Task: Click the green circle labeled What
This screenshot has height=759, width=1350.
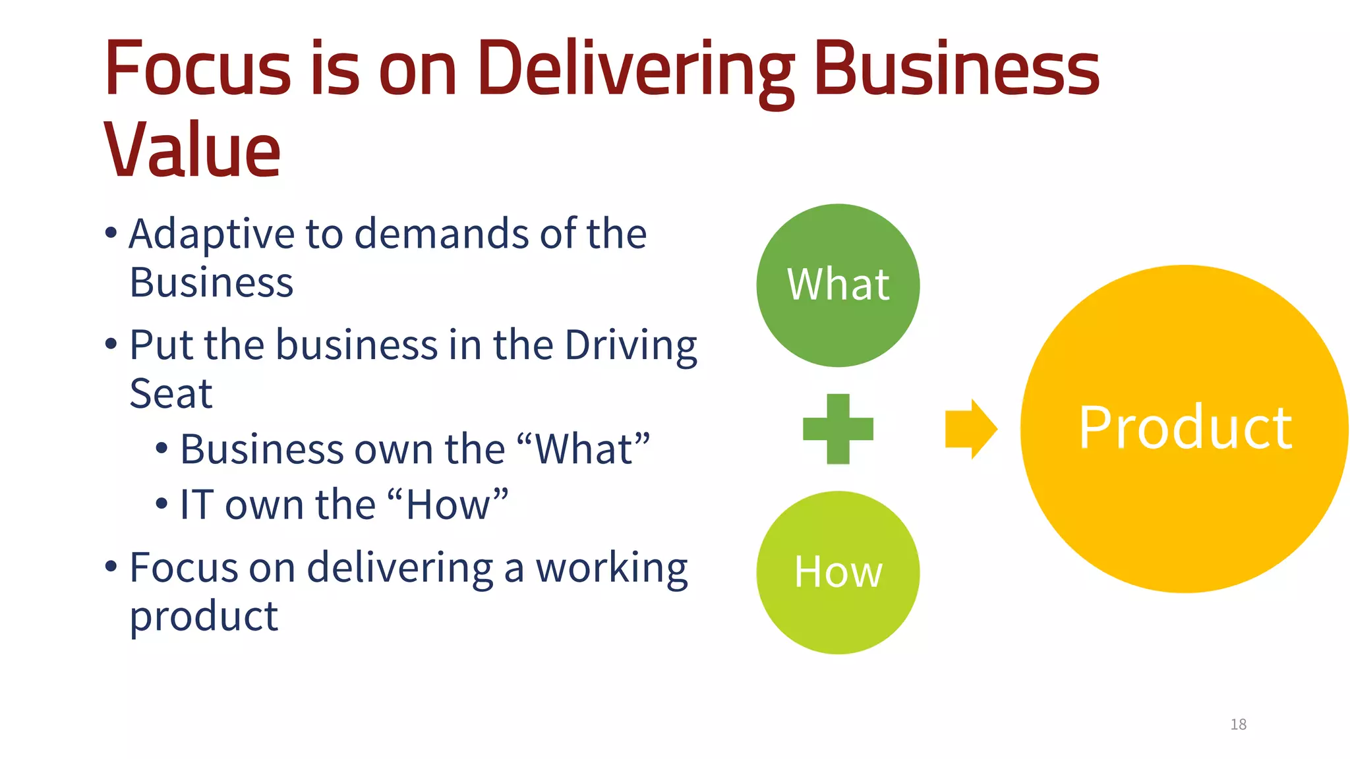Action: click(838, 285)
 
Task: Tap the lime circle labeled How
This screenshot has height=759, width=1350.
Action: click(838, 572)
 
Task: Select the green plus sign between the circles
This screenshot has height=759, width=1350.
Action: click(838, 429)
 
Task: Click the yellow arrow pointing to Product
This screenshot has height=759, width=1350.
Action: click(971, 429)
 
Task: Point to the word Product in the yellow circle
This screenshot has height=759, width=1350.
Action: click(1185, 428)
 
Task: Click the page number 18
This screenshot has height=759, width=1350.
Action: click(1238, 725)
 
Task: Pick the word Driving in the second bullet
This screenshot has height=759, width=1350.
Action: click(631, 346)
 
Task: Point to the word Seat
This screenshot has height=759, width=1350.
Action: click(171, 394)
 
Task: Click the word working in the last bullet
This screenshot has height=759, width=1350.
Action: click(612, 569)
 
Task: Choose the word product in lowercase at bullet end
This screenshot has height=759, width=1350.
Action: click(204, 617)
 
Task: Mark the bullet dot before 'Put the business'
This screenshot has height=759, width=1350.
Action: click(111, 343)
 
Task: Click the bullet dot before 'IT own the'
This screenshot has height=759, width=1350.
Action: click(161, 504)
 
